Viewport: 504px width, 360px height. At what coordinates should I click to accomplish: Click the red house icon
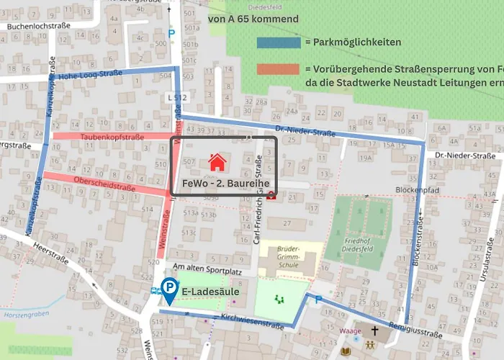[x=215, y=162]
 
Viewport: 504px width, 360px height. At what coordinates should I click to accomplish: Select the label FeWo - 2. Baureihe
[x=225, y=184]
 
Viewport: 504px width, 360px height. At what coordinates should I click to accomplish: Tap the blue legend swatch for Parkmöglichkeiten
[x=278, y=42]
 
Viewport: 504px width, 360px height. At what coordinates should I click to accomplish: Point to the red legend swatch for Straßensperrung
[x=278, y=69]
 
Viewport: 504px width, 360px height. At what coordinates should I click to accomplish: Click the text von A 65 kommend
[x=253, y=19]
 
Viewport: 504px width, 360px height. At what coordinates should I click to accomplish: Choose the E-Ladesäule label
[x=210, y=292]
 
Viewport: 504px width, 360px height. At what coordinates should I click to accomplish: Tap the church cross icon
[x=374, y=332]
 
